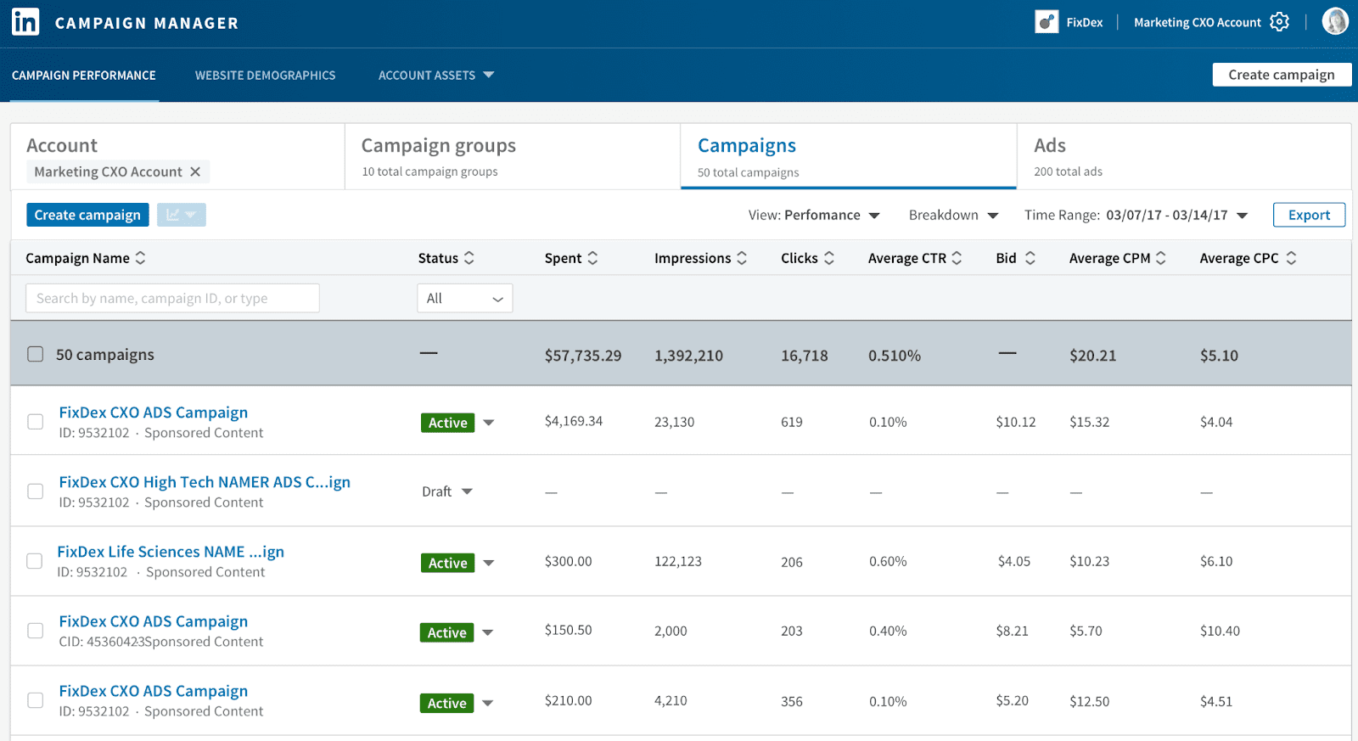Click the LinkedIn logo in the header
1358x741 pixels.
tap(25, 22)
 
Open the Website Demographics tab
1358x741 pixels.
tap(265, 76)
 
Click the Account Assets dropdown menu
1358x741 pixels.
tap(435, 76)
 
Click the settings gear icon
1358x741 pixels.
tap(1279, 22)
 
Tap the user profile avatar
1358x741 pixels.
tap(1334, 21)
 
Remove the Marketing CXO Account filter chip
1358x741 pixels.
tap(195, 171)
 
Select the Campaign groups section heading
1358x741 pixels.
tap(438, 146)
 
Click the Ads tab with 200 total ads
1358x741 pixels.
tap(1067, 156)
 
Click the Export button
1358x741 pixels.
tap(1308, 215)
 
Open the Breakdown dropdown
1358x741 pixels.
tap(952, 215)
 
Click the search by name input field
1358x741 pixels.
tap(172, 298)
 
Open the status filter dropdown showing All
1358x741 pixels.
tap(464, 298)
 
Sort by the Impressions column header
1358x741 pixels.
tap(700, 258)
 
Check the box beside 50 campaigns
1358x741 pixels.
tap(35, 354)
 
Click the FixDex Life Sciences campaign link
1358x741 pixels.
tap(171, 552)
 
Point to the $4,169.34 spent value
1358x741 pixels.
tap(573, 421)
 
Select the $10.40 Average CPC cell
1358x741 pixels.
tap(1219, 631)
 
